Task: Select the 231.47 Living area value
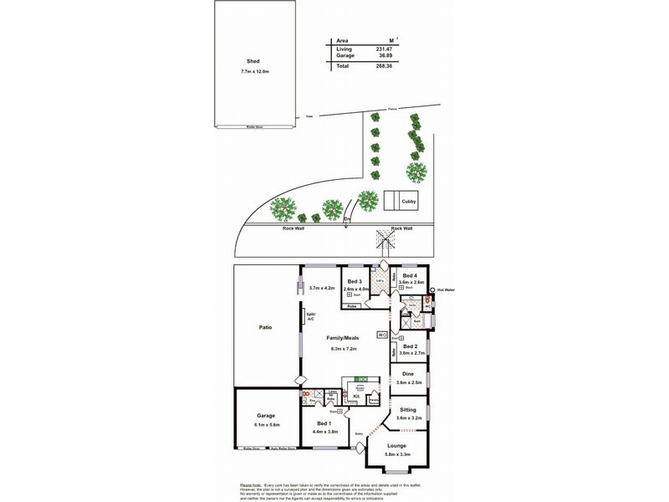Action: [387, 49]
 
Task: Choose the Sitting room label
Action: [409, 409]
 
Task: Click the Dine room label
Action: [409, 373]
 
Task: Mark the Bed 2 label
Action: [409, 346]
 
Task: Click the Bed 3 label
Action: [355, 281]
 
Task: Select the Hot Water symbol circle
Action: [432, 290]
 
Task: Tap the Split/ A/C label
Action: [310, 316]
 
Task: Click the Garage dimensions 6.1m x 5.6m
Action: [265, 425]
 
